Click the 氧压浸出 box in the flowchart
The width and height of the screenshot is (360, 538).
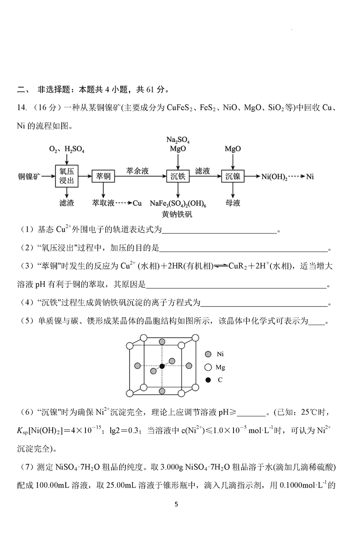pyautogui.click(x=67, y=176)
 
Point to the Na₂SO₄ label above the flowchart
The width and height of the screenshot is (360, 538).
pyautogui.click(x=178, y=140)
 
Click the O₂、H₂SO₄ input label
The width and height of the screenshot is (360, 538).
pyautogui.click(x=67, y=149)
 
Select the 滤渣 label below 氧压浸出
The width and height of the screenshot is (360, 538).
pyautogui.click(x=67, y=203)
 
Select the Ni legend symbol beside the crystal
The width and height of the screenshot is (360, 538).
pyautogui.click(x=208, y=354)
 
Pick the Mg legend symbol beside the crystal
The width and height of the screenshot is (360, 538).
pyautogui.click(x=208, y=367)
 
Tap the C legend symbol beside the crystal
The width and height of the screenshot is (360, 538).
pyautogui.click(x=208, y=380)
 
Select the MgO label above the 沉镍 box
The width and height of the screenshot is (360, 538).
pyautogui.click(x=233, y=149)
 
